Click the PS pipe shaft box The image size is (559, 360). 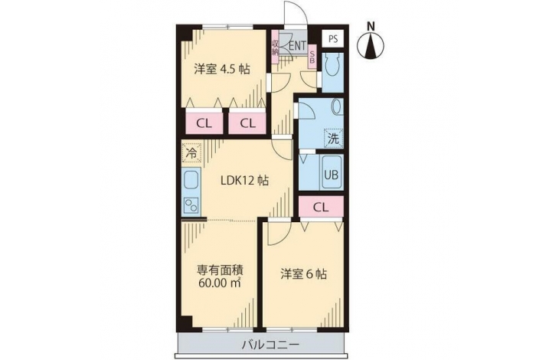click(x=333, y=38)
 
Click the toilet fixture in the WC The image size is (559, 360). click(x=333, y=66)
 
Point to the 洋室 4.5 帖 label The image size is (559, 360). click(x=221, y=69)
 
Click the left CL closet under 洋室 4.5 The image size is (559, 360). click(x=204, y=123)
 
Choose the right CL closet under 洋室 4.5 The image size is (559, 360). click(x=247, y=123)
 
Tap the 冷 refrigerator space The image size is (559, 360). click(x=191, y=153)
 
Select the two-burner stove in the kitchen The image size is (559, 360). click(x=191, y=206)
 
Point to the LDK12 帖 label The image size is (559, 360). click(x=244, y=181)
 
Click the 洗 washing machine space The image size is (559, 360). click(x=333, y=138)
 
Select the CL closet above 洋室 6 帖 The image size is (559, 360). click(x=321, y=207)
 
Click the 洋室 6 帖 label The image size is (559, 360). click(x=303, y=274)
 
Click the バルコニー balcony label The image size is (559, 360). click(x=270, y=345)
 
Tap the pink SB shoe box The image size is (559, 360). click(x=312, y=57)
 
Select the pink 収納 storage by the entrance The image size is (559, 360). click(x=275, y=47)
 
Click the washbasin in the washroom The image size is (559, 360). click(x=336, y=106)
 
